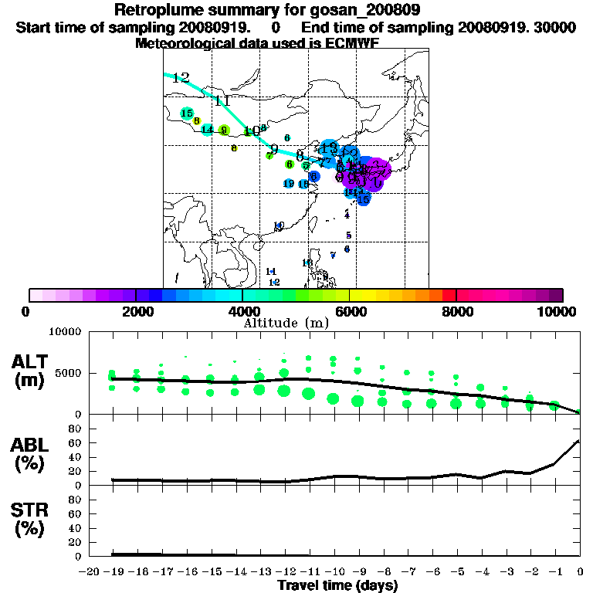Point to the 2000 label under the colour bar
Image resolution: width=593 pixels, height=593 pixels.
click(x=137, y=311)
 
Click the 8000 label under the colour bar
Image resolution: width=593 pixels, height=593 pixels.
click(x=456, y=311)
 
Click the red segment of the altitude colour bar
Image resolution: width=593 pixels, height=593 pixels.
click(x=449, y=295)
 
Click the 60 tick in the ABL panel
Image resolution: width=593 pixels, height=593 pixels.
click(x=76, y=442)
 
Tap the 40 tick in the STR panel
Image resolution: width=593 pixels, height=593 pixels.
click(x=76, y=528)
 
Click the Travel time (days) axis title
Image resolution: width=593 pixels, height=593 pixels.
click(x=337, y=585)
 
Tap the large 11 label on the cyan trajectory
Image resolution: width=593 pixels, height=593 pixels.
click(x=222, y=102)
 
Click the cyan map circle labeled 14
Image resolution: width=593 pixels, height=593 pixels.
click(x=207, y=129)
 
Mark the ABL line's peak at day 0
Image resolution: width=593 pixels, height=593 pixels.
click(x=579, y=441)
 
